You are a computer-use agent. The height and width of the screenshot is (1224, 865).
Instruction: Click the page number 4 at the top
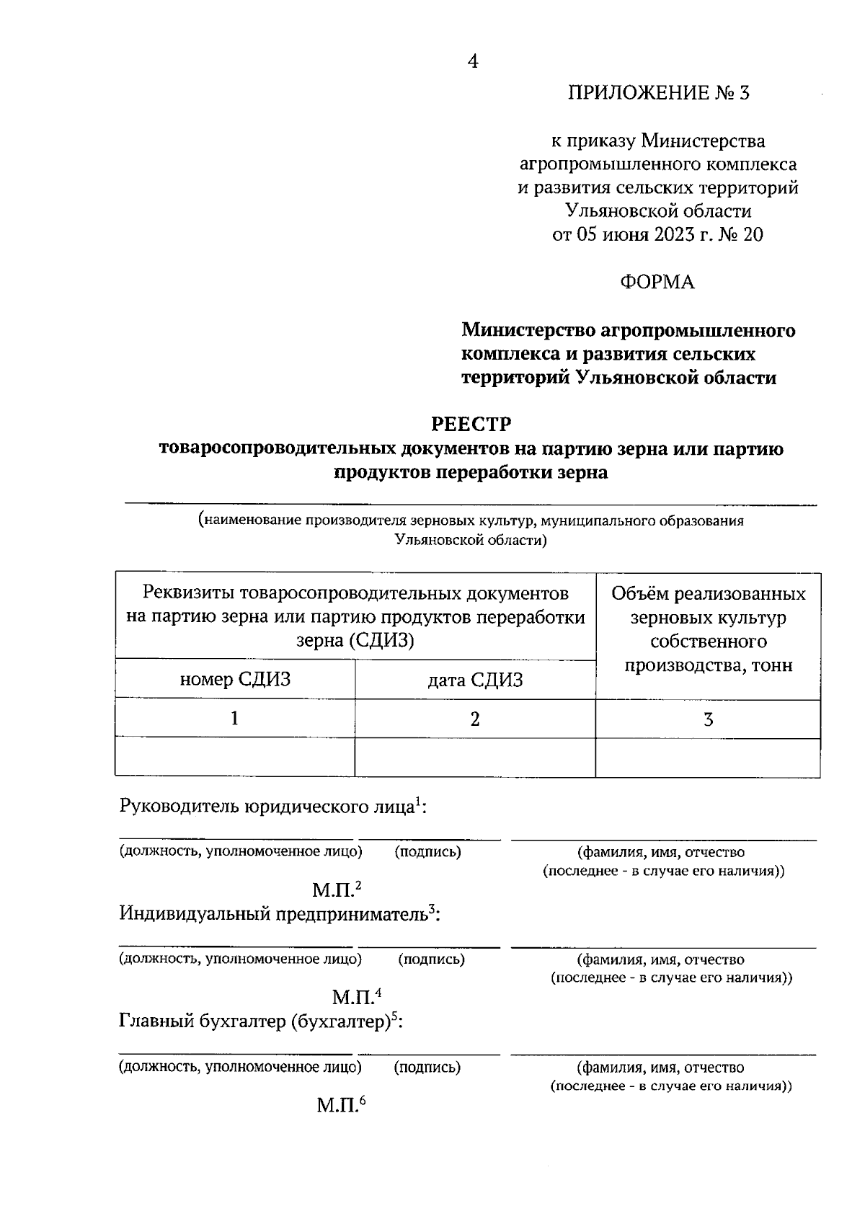pyautogui.click(x=472, y=62)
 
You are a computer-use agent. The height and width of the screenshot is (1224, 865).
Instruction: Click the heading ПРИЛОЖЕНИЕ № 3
pyautogui.click(x=659, y=93)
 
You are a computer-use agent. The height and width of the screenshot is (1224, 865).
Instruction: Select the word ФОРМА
pyautogui.click(x=657, y=283)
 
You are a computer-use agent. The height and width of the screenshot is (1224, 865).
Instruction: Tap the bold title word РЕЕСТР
pyautogui.click(x=471, y=423)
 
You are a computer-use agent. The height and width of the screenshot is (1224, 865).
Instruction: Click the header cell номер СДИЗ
pyautogui.click(x=235, y=679)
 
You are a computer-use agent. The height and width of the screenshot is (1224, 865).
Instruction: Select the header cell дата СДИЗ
pyautogui.click(x=475, y=680)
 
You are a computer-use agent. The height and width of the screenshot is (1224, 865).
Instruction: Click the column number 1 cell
pyautogui.click(x=235, y=719)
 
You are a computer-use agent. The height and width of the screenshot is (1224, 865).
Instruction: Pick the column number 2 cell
pyautogui.click(x=475, y=719)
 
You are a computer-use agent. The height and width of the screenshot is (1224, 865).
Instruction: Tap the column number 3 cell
pyautogui.click(x=708, y=719)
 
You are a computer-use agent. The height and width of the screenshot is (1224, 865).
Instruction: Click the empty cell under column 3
pyautogui.click(x=708, y=758)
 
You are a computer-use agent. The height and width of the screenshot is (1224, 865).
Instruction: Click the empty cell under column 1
pyautogui.click(x=235, y=758)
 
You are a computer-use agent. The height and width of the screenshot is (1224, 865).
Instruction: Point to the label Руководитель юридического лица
pyautogui.click(x=267, y=807)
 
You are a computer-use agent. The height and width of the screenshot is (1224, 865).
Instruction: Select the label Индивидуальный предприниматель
pyautogui.click(x=274, y=914)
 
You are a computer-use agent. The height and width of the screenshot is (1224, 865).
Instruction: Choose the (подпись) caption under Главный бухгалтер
pyautogui.click(x=427, y=1068)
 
